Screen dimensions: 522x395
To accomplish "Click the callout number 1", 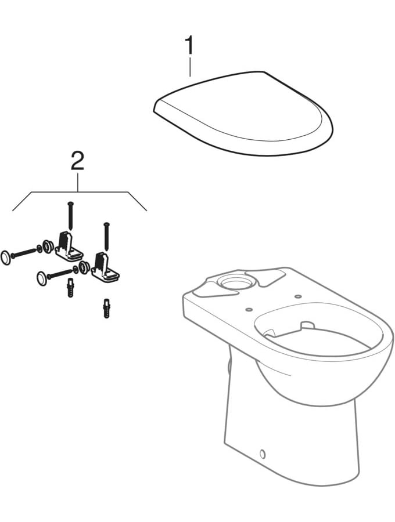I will click(189, 45).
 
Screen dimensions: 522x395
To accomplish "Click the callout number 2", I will click(77, 161).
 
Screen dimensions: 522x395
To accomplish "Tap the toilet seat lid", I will click(244, 116).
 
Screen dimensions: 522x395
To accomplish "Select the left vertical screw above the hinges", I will click(70, 215).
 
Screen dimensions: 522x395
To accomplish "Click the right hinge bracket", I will click(105, 268).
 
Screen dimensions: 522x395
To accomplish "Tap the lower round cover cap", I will click(42, 278).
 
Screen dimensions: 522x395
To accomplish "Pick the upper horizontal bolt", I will click(24, 252).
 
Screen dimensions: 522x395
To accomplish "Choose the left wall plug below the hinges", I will click(71, 287).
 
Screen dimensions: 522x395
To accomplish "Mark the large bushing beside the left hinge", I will click(47, 246).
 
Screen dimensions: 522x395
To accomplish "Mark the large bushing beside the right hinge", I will click(84, 268).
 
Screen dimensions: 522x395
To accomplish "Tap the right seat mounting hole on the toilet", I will click(298, 297).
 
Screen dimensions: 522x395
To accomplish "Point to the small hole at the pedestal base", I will click(262, 454).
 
